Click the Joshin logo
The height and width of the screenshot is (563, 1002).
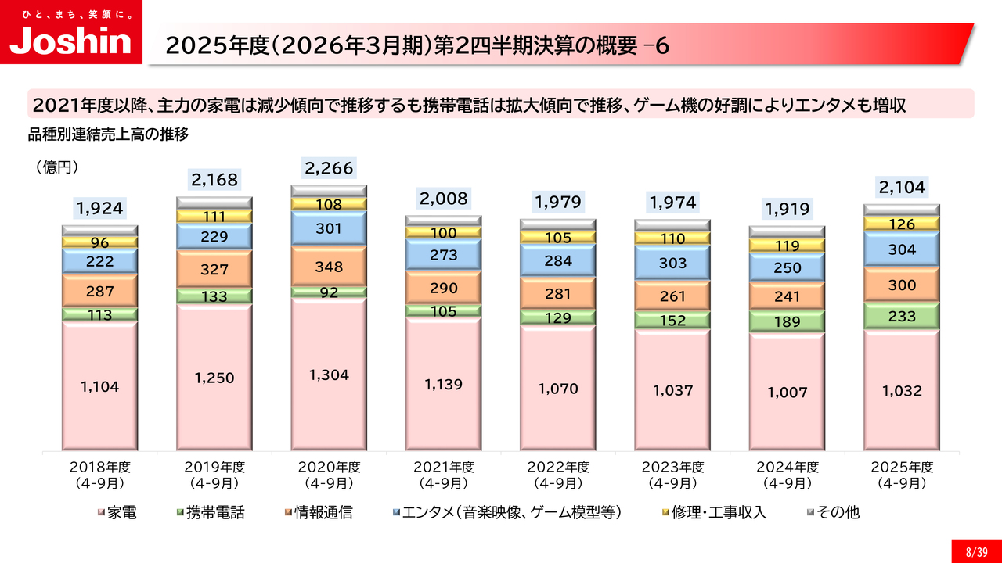coord(70,32)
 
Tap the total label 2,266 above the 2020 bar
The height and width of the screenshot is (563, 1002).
coord(328,167)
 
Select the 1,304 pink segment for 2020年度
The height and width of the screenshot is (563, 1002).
coord(328,375)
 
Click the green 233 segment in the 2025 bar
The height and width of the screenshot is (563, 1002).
coord(901,315)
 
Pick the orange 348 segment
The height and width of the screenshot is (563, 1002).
coord(328,266)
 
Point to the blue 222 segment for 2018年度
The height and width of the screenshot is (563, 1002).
coord(99,261)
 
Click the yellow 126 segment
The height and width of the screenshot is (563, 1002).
coord(901,224)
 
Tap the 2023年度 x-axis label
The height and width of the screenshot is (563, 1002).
coord(672,475)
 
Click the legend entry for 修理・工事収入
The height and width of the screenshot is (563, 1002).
coord(713,513)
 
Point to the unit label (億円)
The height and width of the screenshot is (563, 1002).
coord(56,167)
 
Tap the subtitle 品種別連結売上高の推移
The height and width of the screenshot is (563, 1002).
coord(109,134)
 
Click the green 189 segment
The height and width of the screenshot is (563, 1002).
coord(787,321)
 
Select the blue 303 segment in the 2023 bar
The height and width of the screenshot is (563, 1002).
coord(672,264)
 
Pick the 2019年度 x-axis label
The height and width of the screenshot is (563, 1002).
coord(214,475)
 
